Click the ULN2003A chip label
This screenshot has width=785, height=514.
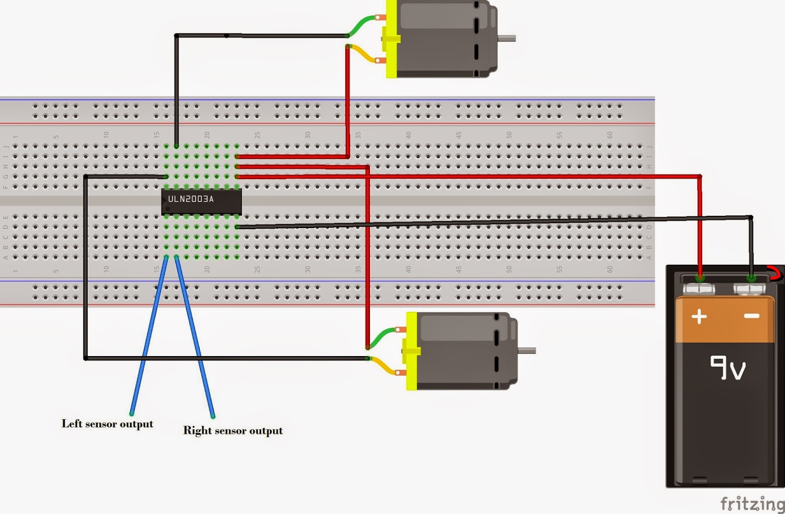[x=191, y=199]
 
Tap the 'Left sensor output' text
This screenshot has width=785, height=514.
[x=107, y=424]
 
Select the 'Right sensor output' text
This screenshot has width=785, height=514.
[x=233, y=431]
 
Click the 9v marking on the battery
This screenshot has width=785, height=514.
[x=728, y=368]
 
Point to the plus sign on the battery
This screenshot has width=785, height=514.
[x=699, y=316]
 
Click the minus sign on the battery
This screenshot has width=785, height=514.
[x=751, y=316]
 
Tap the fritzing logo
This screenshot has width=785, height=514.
[x=752, y=503]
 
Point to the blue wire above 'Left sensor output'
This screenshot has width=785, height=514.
[x=147, y=338]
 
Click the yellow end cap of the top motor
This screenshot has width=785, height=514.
[x=391, y=39]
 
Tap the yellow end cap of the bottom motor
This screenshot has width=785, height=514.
[x=411, y=351]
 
